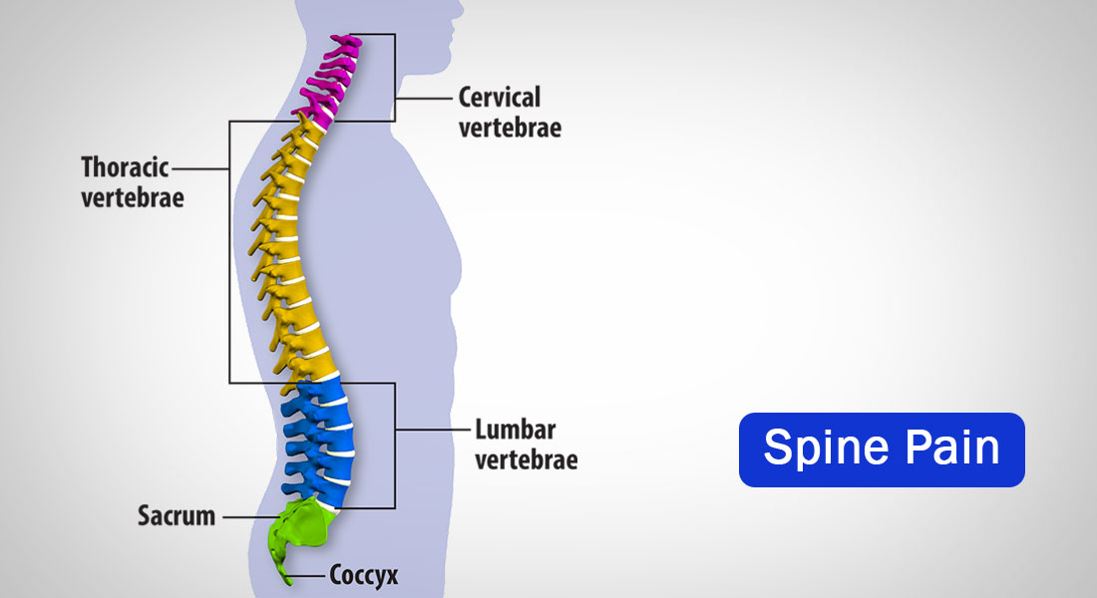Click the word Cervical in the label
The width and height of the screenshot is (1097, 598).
coord(499,98)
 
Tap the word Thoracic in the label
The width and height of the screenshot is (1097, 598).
coord(125,166)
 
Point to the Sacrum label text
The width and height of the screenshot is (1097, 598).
coord(176,516)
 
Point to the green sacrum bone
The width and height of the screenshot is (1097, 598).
coord(304,523)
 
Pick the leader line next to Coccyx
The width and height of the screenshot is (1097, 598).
coord(311,574)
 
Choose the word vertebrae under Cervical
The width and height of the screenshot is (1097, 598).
coord(509,128)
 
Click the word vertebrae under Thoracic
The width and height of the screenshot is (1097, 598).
coord(133,196)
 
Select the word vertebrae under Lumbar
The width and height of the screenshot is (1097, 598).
coord(526,460)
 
